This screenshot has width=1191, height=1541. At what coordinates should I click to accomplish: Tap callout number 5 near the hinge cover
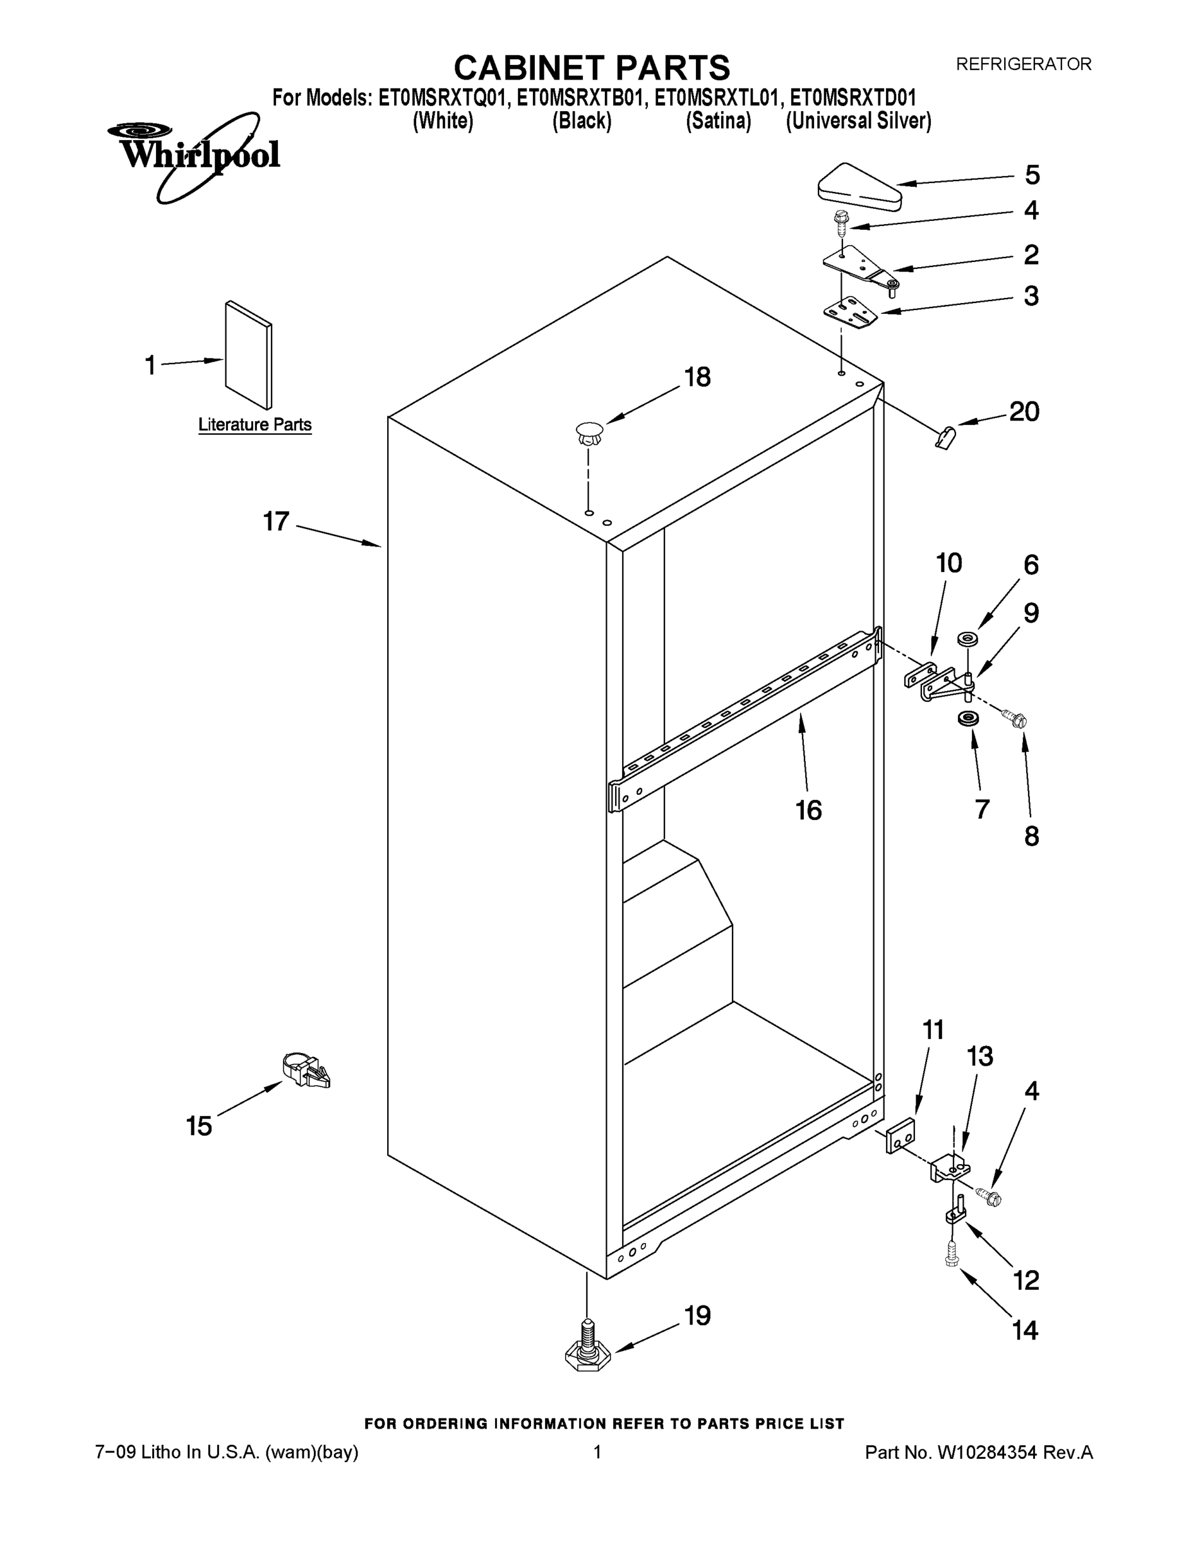tap(1032, 175)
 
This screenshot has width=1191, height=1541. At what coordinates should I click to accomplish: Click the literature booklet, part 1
tap(248, 355)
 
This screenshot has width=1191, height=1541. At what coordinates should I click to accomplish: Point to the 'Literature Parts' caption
tap(254, 425)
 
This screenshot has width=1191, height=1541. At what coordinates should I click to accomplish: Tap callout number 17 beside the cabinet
tap(276, 521)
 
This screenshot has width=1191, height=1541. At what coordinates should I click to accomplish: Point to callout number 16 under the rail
tap(808, 810)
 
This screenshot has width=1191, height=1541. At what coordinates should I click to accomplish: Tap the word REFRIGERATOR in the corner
tap(1023, 64)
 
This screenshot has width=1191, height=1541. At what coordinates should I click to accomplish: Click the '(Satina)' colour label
tap(718, 121)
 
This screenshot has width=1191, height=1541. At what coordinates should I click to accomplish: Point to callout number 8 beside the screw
tap(1031, 837)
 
